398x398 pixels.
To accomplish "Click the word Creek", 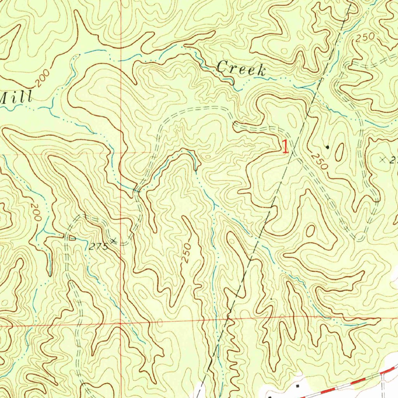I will click(x=241, y=69).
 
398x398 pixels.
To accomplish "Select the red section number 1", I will click(x=285, y=147).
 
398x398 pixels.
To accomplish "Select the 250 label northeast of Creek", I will click(x=365, y=38).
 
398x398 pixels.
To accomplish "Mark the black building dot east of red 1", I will click(x=327, y=147).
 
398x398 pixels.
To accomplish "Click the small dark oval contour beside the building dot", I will click(x=339, y=152).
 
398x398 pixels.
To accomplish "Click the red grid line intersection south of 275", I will click(x=120, y=323).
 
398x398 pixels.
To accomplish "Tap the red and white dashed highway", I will click(x=350, y=383).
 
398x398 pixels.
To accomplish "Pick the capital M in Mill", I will click(x=5, y=97).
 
